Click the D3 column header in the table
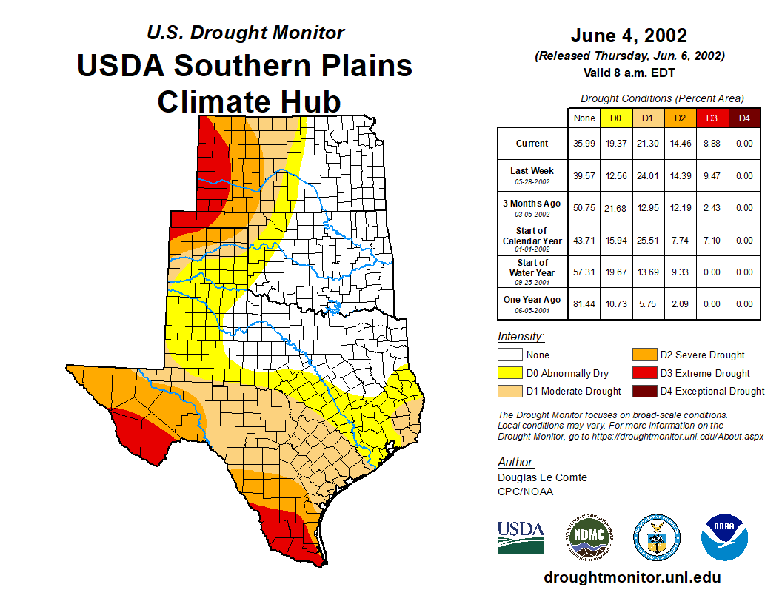click(712, 118)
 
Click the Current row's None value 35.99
click(584, 144)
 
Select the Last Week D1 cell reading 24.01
click(648, 176)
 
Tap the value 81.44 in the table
click(584, 303)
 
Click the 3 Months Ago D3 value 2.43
click(712, 208)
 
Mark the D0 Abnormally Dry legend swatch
click(510, 373)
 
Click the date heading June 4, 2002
click(629, 36)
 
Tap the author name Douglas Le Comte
click(542, 477)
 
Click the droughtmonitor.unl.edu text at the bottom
click(632, 577)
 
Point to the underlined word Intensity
click(521, 337)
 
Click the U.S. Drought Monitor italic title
click(245, 33)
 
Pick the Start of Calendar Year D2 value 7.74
click(680, 240)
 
